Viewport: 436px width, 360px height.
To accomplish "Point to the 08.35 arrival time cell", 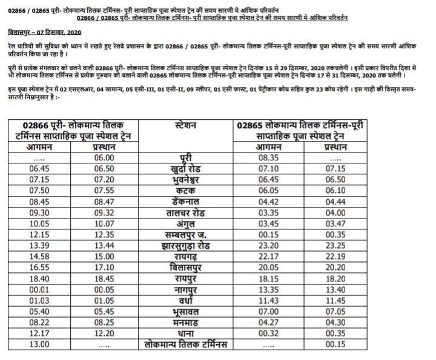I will click(266, 157).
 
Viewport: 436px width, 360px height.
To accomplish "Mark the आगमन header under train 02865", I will click(266, 146).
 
